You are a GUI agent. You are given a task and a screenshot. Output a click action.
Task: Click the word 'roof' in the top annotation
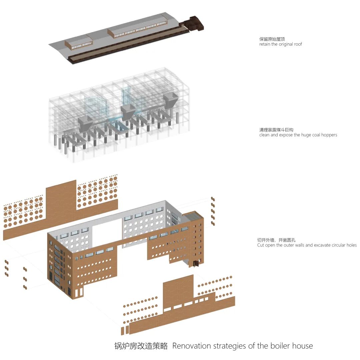click(298, 44)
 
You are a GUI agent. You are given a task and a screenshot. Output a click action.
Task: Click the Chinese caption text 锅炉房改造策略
click(141, 346)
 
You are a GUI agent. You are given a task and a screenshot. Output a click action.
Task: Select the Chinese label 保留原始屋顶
click(272, 39)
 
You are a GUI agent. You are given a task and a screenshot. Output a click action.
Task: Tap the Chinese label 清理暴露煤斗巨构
click(276, 130)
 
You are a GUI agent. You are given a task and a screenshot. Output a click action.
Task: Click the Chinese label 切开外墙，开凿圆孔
click(276, 240)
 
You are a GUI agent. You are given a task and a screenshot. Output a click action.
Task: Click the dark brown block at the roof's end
click(195, 23)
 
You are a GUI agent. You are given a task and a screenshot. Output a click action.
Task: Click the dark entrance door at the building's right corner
click(196, 263)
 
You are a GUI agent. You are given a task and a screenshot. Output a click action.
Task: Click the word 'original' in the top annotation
click(286, 44)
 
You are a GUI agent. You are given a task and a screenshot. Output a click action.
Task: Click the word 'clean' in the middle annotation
click(264, 135)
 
